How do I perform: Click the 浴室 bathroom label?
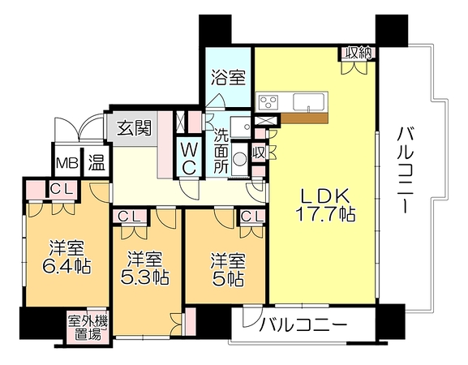229,77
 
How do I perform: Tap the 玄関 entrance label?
134,128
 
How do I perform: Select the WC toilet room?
189,157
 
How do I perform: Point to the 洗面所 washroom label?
221,152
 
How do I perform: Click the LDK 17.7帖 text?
325,205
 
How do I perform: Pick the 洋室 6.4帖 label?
67,257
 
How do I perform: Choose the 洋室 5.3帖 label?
144,268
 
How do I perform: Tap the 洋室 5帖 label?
228,269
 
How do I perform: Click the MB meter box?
67,163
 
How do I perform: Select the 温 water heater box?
96,163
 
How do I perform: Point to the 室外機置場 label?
88,328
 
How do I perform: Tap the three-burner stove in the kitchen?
268,102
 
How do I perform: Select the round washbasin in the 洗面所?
239,159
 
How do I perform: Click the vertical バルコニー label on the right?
405,170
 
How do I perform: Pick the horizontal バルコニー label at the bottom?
303,324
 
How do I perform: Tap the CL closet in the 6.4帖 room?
62,189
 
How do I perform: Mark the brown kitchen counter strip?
304,118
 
